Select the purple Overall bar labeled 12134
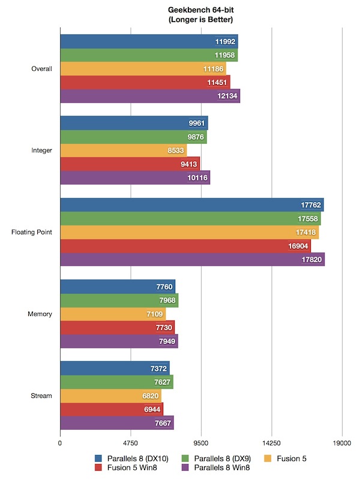[x=150, y=96]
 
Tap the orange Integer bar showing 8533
[x=123, y=150]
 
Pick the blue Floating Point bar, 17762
[x=192, y=205]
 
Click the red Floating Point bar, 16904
[x=185, y=246]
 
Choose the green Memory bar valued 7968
[x=119, y=300]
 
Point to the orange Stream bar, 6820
[x=111, y=396]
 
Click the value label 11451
[x=217, y=83]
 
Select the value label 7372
[x=158, y=368]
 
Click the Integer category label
[x=41, y=150]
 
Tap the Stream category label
[x=42, y=396]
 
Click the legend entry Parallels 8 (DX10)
[x=136, y=459]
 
